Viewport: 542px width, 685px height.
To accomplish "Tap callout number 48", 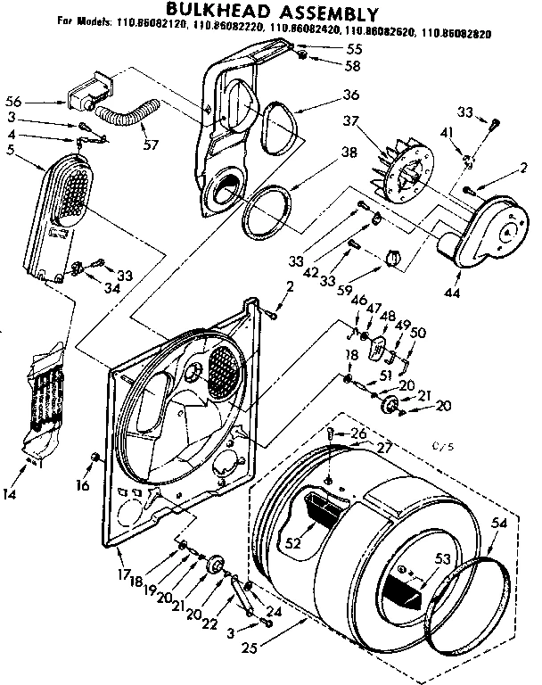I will click(388, 316).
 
